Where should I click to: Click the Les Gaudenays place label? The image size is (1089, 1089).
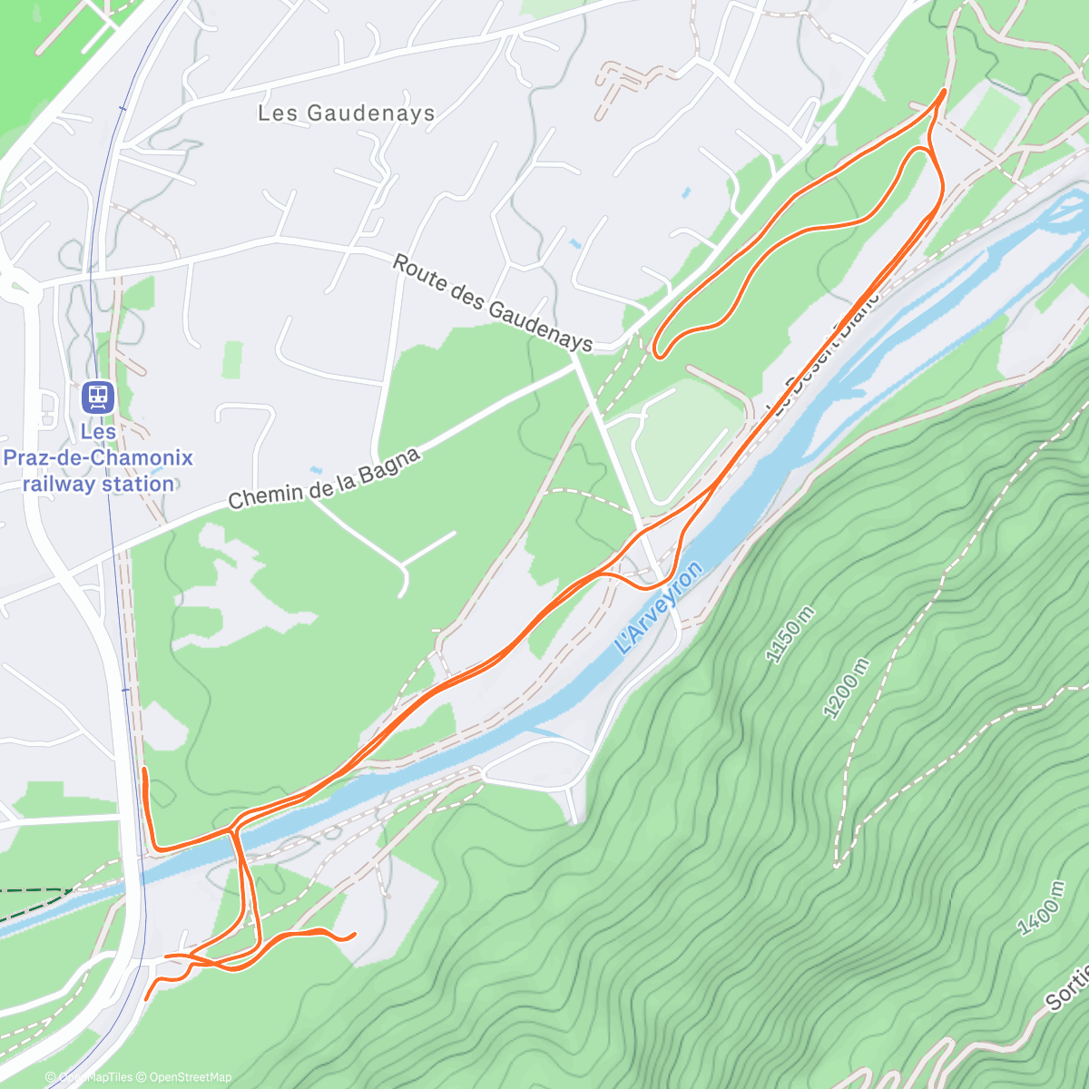[346, 113]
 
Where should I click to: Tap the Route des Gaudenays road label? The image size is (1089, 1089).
[492, 303]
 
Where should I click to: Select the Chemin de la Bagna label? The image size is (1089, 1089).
[324, 478]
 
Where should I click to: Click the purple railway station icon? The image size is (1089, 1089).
[97, 397]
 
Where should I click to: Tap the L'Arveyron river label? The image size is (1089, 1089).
[658, 608]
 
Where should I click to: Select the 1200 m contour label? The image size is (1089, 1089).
[845, 689]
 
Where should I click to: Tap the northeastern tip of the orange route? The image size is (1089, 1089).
[945, 91]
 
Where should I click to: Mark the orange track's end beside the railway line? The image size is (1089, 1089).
[144, 770]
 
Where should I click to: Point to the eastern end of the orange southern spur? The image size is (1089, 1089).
[353, 934]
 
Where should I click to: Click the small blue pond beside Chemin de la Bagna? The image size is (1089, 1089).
[314, 470]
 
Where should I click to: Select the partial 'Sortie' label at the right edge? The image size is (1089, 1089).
[1067, 989]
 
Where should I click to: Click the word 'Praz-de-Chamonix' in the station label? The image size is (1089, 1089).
[98, 457]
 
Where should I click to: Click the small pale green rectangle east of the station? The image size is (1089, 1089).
[233, 359]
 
